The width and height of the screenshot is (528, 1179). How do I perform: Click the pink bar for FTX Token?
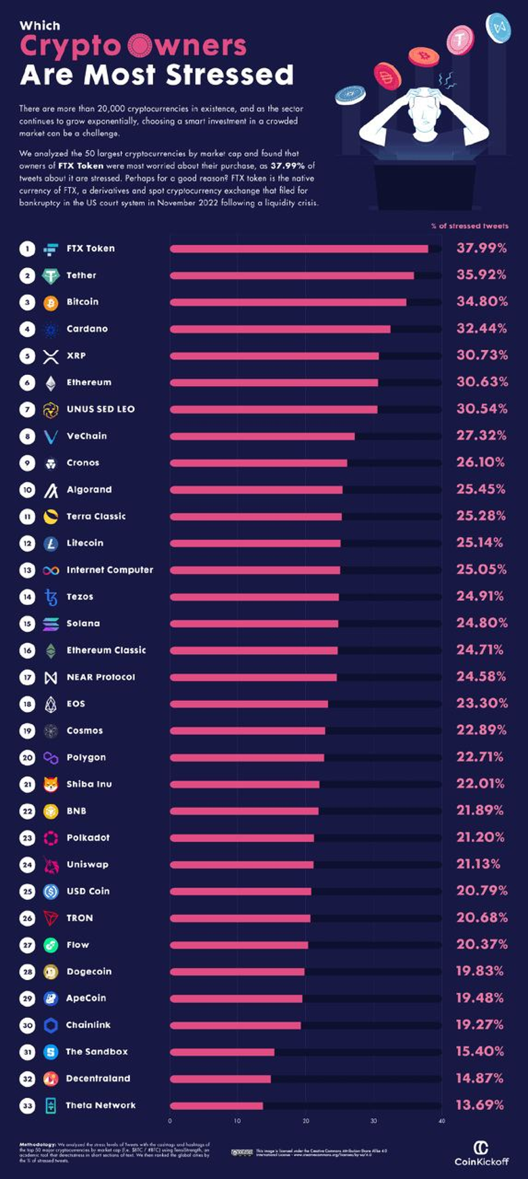coord(299,249)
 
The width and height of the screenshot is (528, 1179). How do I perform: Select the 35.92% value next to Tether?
coord(481,275)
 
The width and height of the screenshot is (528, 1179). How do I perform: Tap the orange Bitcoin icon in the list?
coord(51,303)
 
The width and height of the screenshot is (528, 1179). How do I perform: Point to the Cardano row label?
coord(87,329)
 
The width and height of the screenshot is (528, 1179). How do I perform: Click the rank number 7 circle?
coord(27,409)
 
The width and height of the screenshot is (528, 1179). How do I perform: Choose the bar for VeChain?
coord(262,437)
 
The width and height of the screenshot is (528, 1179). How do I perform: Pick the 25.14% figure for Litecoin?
coord(479,543)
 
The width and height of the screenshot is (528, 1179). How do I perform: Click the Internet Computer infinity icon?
coord(51,571)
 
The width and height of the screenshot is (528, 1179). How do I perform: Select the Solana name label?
coord(83,623)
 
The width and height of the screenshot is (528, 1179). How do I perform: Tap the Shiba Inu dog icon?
coord(51,784)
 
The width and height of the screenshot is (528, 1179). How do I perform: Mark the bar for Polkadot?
coord(242,838)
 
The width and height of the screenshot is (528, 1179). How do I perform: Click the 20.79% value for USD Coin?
coord(481,891)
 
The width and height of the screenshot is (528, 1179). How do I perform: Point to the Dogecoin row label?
coord(89,972)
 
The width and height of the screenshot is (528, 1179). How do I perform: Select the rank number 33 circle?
coord(27,1106)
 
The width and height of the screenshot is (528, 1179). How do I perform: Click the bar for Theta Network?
coord(216,1106)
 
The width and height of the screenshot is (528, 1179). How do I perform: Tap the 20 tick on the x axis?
coord(306,1121)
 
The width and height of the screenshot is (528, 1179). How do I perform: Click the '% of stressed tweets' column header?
coord(469,226)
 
